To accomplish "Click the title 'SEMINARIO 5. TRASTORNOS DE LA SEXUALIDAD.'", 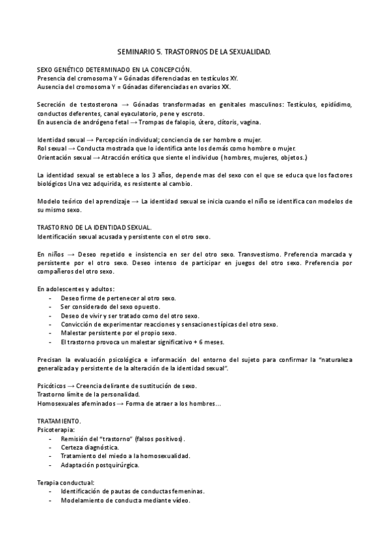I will [194, 50].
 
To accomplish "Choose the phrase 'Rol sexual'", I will [52, 148].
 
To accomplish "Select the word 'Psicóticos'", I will [52, 386].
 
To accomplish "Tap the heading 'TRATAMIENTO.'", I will [58, 421].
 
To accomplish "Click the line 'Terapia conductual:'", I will [65, 483].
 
